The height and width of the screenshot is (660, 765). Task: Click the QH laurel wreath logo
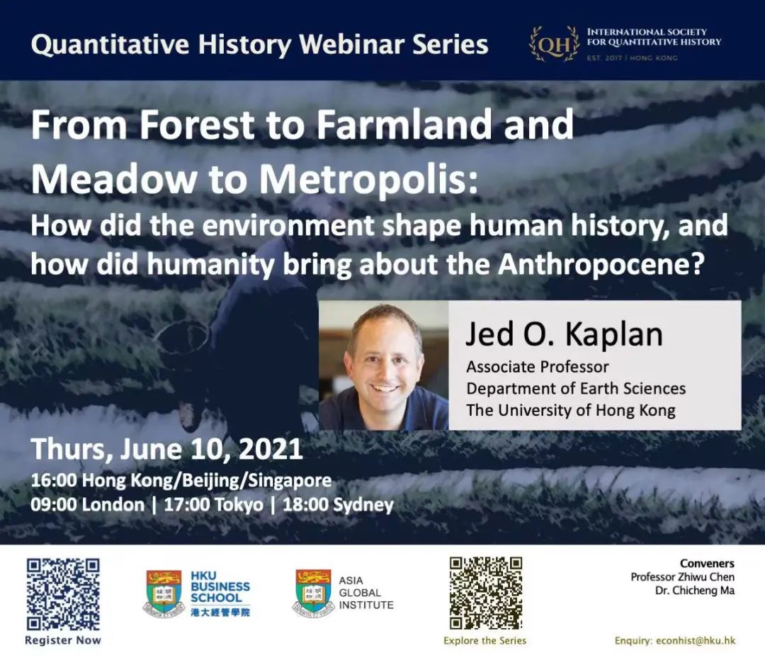click(x=555, y=45)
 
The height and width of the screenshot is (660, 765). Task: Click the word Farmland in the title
click(x=404, y=125)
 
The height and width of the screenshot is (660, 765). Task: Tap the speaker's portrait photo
click(x=383, y=365)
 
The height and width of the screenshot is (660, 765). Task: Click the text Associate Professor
click(x=538, y=367)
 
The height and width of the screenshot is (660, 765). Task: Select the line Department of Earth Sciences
click(x=576, y=388)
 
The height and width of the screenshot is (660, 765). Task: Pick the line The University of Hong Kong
click(x=571, y=410)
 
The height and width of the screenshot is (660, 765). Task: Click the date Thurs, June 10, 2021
click(x=167, y=449)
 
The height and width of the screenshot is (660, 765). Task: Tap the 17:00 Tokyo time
click(x=213, y=504)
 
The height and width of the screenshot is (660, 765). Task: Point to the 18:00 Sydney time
click(x=338, y=504)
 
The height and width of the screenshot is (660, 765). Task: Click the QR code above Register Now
click(x=63, y=594)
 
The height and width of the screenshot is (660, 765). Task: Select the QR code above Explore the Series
click(x=485, y=593)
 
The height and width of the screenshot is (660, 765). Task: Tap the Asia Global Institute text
click(x=366, y=593)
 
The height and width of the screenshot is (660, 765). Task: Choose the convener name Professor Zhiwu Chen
click(x=682, y=577)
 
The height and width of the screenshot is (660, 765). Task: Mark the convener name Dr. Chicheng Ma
click(x=695, y=590)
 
